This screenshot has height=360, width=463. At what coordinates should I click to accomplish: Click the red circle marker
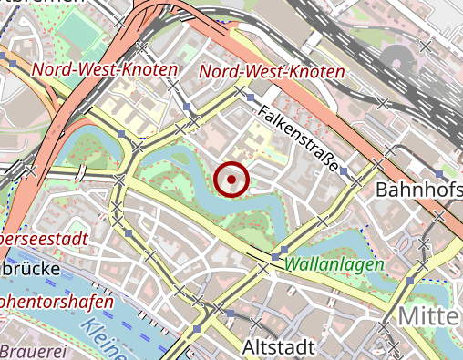pos(233,180)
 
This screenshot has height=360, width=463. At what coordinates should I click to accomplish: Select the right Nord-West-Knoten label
pos(272,72)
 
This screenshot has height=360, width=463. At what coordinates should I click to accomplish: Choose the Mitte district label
pos(427,316)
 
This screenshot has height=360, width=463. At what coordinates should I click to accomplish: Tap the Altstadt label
pos(279,347)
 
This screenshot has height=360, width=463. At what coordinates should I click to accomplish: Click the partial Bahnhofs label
pos(418,191)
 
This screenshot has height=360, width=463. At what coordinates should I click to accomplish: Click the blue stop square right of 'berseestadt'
pos(130,234)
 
